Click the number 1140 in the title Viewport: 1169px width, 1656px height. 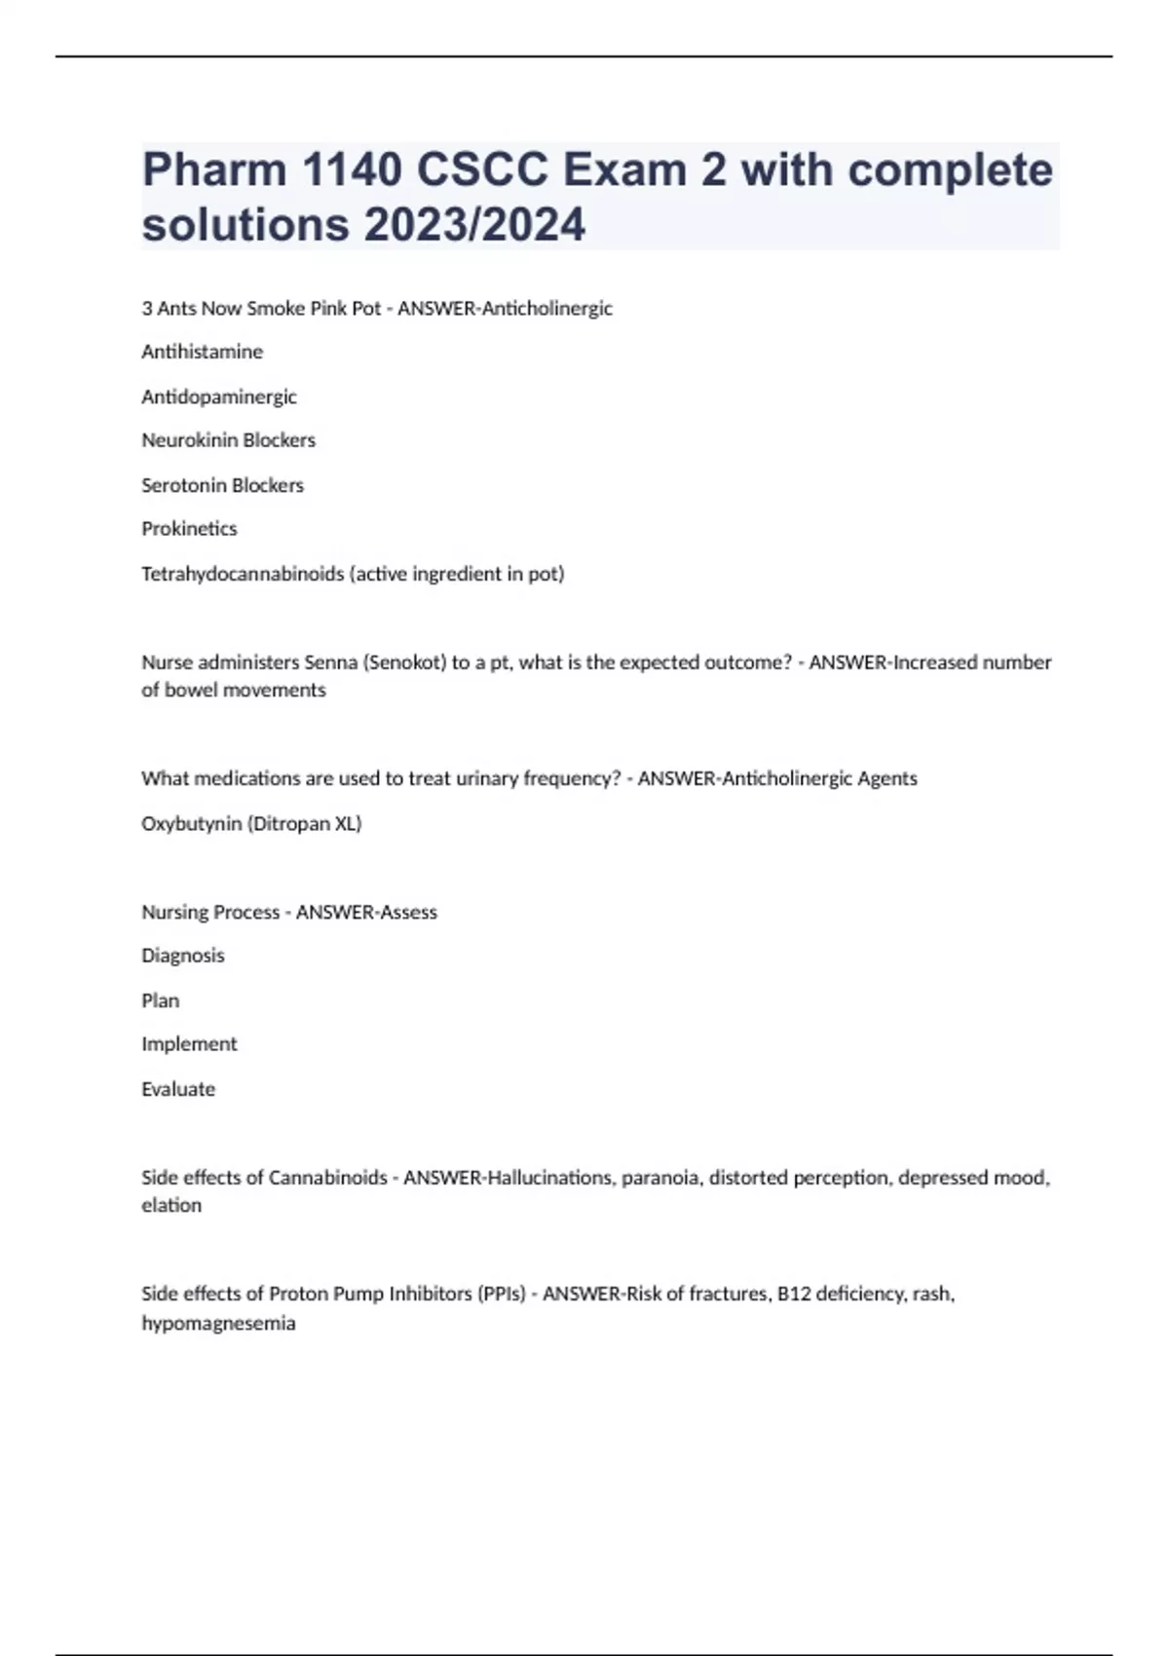pyautogui.click(x=352, y=170)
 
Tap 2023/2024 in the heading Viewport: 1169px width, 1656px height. pyautogui.click(x=475, y=225)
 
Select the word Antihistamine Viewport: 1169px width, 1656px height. pyautogui.click(x=202, y=352)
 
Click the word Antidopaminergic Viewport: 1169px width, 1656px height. pyautogui.click(x=219, y=396)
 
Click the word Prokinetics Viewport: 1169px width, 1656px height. pyautogui.click(x=189, y=529)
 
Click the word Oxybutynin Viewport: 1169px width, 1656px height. pyautogui.click(x=191, y=823)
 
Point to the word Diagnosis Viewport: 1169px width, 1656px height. pyautogui.click(x=183, y=956)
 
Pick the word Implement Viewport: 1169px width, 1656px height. pyautogui.click(x=189, y=1044)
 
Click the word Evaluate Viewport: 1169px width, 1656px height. pyautogui.click(x=178, y=1089)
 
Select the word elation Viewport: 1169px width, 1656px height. pyautogui.click(x=171, y=1205)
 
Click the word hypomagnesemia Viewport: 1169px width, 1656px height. pyautogui.click(x=218, y=1323)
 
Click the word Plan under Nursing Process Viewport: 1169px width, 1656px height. pyautogui.click(x=161, y=1000)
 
